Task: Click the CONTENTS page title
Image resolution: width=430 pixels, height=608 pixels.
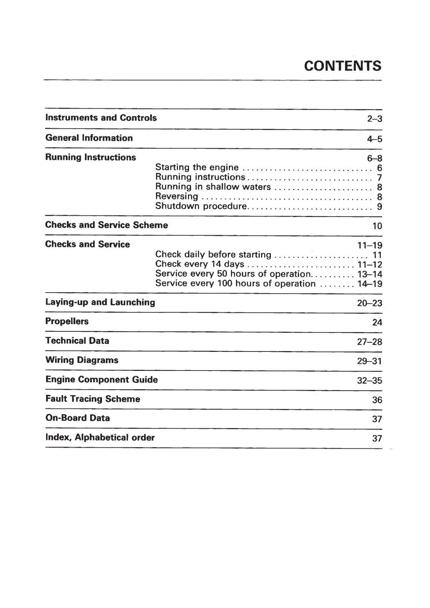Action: click(342, 66)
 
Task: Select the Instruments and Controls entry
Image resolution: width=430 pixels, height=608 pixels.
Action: click(101, 118)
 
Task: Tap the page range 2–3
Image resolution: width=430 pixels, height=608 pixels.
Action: click(374, 119)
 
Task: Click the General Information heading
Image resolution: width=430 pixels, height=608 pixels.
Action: click(89, 138)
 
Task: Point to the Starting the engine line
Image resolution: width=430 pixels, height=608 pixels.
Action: click(197, 168)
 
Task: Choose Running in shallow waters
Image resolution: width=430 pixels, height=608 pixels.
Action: click(213, 187)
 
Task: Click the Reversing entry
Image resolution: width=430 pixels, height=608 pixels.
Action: click(177, 196)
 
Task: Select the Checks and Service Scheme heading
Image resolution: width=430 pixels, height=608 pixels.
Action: click(107, 225)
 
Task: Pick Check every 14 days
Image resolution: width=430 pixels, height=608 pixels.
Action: click(200, 264)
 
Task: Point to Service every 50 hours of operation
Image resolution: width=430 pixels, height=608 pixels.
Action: click(233, 274)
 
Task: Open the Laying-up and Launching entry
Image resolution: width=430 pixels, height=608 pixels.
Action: click(100, 302)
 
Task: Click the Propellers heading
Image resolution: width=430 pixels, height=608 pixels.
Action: click(67, 321)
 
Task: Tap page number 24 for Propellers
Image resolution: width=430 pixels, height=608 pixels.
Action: click(377, 323)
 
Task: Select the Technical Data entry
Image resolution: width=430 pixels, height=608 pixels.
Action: click(77, 341)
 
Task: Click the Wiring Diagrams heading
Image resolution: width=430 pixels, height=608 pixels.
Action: click(82, 360)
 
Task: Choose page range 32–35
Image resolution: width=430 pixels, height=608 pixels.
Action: click(369, 381)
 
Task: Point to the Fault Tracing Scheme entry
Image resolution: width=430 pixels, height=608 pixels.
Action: click(93, 399)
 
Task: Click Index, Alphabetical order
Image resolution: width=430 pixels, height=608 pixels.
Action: click(100, 438)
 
